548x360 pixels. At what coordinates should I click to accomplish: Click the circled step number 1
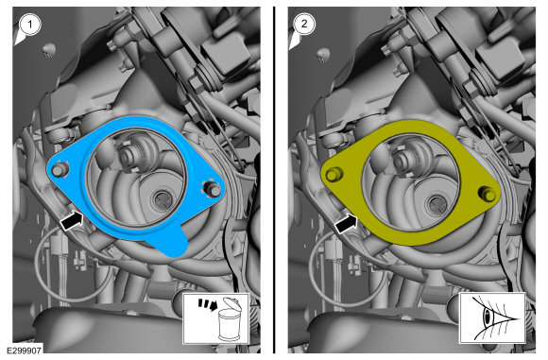tap(29, 25)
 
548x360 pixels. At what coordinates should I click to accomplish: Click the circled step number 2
tap(304, 24)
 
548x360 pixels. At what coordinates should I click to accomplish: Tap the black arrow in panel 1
tap(72, 220)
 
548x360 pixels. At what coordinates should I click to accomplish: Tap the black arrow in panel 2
tap(347, 223)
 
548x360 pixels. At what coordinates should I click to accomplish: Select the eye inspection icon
tap(492, 318)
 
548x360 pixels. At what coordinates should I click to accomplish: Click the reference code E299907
tap(24, 351)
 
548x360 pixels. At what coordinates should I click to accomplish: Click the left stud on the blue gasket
tap(59, 171)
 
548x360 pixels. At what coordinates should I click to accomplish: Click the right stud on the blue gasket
tap(214, 189)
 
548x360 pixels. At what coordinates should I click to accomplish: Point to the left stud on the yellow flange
tap(334, 174)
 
